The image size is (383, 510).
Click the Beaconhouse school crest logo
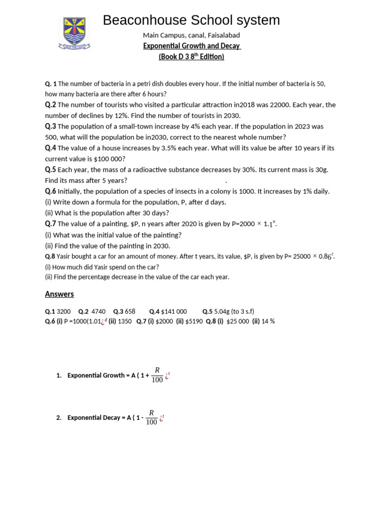tap(74, 33)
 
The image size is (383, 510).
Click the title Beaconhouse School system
tap(191, 20)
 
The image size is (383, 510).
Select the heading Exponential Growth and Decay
tap(191, 46)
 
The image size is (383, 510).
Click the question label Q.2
tap(50, 105)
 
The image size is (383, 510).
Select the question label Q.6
tap(50, 191)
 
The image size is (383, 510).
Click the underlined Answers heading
tap(59, 294)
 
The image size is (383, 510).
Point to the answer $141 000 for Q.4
tap(174, 312)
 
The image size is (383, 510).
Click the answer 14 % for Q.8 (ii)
tap(268, 321)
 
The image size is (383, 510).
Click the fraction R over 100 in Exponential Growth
tap(157, 375)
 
